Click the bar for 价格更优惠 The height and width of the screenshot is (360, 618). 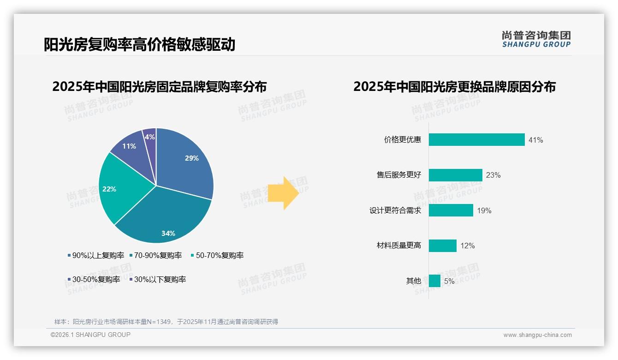pyautogui.click(x=476, y=140)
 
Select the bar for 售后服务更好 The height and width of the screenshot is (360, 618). pyautogui.click(x=455, y=175)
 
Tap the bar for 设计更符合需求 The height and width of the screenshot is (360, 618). pyautogui.click(x=451, y=210)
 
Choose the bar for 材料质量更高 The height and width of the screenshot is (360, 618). pyautogui.click(x=442, y=246)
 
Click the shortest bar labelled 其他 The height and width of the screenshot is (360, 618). pyautogui.click(x=434, y=281)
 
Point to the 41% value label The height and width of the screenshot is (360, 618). pyautogui.click(x=536, y=140)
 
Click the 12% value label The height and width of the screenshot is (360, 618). pyautogui.click(x=468, y=246)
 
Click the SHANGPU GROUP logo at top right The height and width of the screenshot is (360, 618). pyautogui.click(x=536, y=39)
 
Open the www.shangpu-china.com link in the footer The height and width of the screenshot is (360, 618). pyautogui.click(x=537, y=335)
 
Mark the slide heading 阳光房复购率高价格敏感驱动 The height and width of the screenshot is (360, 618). pyautogui.click(x=139, y=44)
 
